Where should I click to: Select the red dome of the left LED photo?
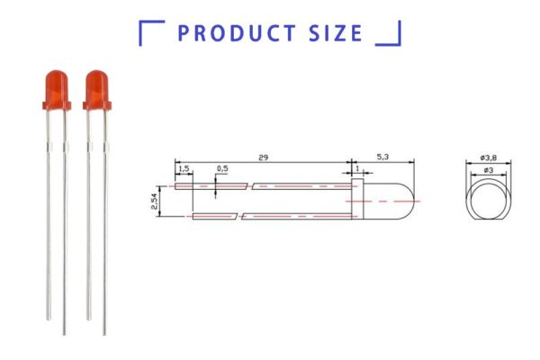(55, 85)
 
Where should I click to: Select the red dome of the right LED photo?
(96, 85)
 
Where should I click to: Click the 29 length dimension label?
(263, 157)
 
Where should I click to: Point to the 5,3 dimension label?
(382, 157)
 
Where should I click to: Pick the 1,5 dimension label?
(184, 168)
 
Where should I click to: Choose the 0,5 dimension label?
(222, 168)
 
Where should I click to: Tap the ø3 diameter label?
(487, 169)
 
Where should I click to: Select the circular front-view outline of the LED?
(488, 200)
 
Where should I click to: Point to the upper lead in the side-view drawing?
(270, 186)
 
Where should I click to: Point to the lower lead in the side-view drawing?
(270, 216)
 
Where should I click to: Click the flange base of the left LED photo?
(55, 106)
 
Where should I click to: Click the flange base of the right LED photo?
(96, 106)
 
